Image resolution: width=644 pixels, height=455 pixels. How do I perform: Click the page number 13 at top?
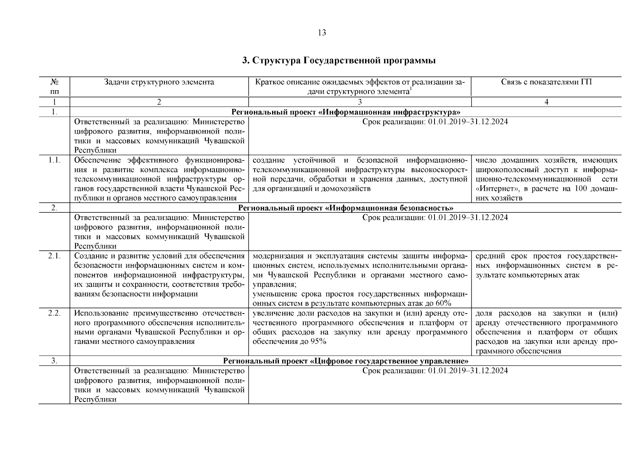[x=321, y=33]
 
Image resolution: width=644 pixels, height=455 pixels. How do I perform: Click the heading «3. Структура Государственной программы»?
[x=339, y=61]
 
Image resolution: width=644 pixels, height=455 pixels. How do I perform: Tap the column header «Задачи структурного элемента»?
[x=159, y=82]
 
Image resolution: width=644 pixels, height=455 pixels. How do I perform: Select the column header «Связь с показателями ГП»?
[x=546, y=82]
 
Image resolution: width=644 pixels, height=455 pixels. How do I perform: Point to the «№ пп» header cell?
[x=54, y=87]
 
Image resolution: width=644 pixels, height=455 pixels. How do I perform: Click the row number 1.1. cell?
[x=54, y=160]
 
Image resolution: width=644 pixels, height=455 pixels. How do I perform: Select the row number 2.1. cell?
[x=54, y=256]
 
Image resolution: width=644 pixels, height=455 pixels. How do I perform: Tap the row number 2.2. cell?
[x=54, y=314]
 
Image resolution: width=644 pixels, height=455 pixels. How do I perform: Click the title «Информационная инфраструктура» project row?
[x=346, y=112]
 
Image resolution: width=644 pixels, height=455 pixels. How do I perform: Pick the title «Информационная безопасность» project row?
[x=346, y=208]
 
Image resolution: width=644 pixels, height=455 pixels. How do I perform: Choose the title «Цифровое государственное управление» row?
[x=346, y=361]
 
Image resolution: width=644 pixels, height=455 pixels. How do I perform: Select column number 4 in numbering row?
[x=546, y=102]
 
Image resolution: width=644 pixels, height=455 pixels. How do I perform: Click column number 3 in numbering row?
[x=359, y=102]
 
